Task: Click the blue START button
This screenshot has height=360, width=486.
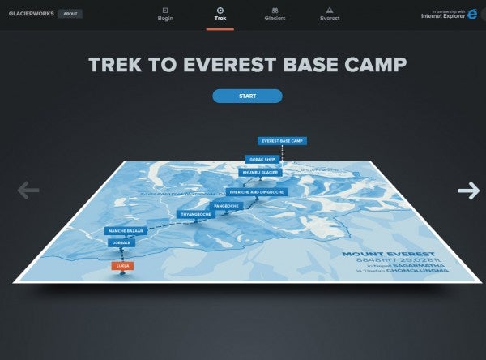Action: tap(247, 96)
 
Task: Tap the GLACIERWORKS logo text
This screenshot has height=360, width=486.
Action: tap(31, 14)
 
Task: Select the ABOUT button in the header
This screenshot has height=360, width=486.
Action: tap(70, 14)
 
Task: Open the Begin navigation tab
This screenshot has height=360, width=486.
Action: tap(166, 13)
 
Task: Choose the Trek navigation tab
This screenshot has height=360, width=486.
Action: tap(220, 13)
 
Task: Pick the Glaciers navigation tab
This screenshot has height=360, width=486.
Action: tap(275, 13)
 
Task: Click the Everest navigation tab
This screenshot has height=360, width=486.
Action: tap(330, 13)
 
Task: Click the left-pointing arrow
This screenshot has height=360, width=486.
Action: tap(28, 191)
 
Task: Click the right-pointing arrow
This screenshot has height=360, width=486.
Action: tap(468, 191)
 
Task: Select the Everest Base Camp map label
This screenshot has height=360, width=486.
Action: tap(282, 141)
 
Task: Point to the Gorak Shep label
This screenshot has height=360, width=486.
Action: tap(264, 160)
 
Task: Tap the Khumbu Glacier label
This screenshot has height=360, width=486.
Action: tap(259, 172)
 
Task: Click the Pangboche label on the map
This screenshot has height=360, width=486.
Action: tap(226, 206)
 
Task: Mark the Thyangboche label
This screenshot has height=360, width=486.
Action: tap(195, 214)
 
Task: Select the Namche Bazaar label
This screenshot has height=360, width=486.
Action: tap(126, 231)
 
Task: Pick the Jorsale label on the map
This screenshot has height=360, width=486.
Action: tap(122, 242)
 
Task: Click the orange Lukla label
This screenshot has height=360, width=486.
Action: tap(122, 265)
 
